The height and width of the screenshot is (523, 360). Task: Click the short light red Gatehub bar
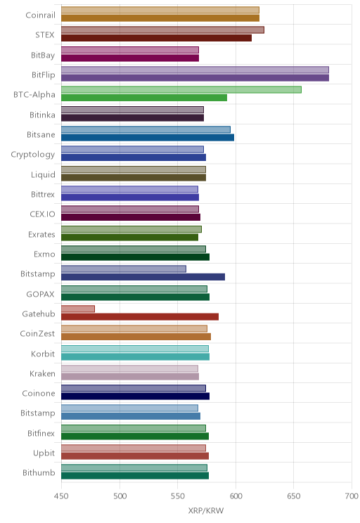click(78, 309)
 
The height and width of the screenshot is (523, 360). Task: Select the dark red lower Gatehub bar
click(140, 317)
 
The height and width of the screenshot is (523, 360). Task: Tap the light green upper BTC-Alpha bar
click(181, 90)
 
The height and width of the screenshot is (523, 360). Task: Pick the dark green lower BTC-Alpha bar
click(144, 98)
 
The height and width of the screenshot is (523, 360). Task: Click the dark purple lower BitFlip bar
click(195, 78)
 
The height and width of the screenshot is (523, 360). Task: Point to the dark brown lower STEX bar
click(156, 38)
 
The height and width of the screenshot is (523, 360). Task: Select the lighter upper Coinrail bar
click(160, 10)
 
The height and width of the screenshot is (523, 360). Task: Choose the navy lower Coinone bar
click(135, 396)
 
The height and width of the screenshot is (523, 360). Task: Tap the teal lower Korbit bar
click(135, 357)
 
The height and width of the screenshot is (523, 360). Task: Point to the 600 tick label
click(236, 496)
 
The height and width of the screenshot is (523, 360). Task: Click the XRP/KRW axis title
click(206, 510)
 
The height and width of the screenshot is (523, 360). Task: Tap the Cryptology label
click(33, 155)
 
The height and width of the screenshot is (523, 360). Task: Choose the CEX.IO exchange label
click(42, 214)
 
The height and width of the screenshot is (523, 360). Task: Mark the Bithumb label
click(39, 472)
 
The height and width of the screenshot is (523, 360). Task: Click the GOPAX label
click(40, 294)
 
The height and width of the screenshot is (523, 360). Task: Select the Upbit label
click(44, 453)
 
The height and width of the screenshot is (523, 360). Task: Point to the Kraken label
click(42, 373)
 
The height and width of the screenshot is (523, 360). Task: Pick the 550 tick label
click(177, 496)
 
